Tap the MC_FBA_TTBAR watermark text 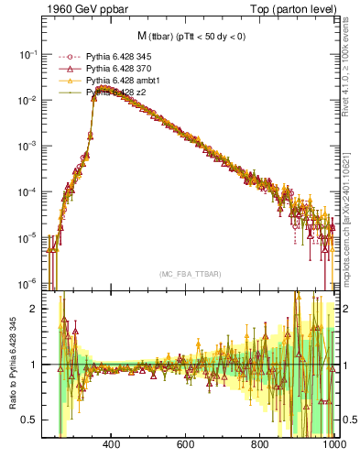coord(191,274)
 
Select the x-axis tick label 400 coord(112,446)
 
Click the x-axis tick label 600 coord(186,446)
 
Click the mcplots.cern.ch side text coord(351,211)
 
